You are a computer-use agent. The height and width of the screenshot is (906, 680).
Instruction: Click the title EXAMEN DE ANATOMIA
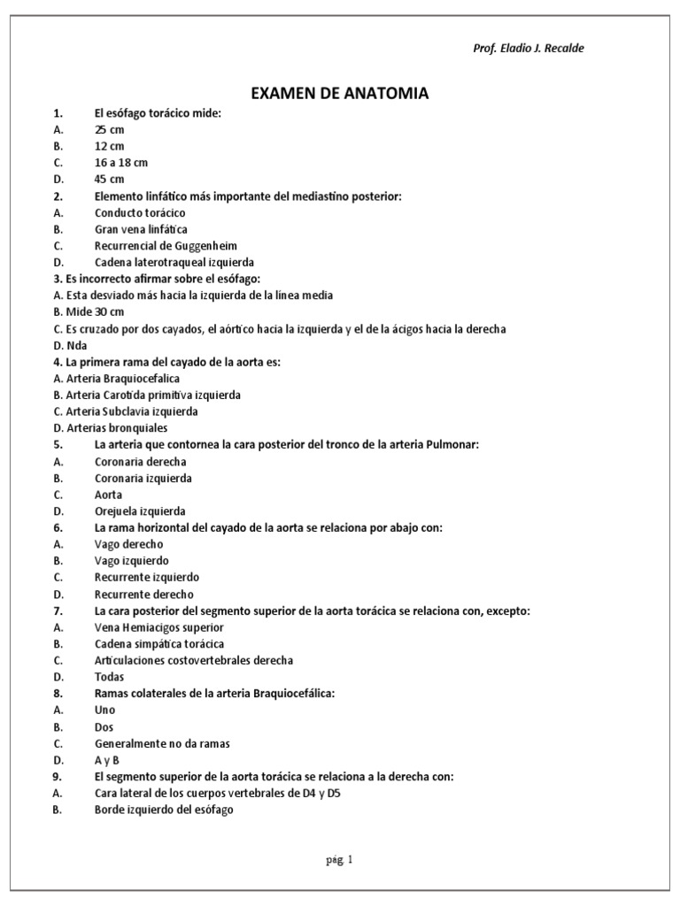click(340, 93)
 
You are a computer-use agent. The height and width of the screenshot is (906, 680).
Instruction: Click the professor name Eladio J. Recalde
click(529, 48)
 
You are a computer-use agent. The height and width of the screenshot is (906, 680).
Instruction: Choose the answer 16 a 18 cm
click(120, 163)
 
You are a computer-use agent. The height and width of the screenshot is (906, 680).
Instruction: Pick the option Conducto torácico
click(140, 213)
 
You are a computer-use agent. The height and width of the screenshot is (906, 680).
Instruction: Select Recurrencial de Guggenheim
click(166, 246)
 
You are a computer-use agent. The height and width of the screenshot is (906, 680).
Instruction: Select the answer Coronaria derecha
click(140, 462)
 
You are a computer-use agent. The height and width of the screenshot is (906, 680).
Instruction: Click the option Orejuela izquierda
click(140, 511)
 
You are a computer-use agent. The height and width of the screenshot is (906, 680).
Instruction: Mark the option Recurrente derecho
click(143, 595)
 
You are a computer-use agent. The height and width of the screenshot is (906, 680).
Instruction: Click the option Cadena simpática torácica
click(158, 644)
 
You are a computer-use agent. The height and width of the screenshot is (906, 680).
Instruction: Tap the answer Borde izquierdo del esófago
click(164, 810)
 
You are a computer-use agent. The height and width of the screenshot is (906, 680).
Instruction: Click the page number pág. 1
click(339, 859)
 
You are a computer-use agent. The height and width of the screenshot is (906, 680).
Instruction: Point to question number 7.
click(58, 611)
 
